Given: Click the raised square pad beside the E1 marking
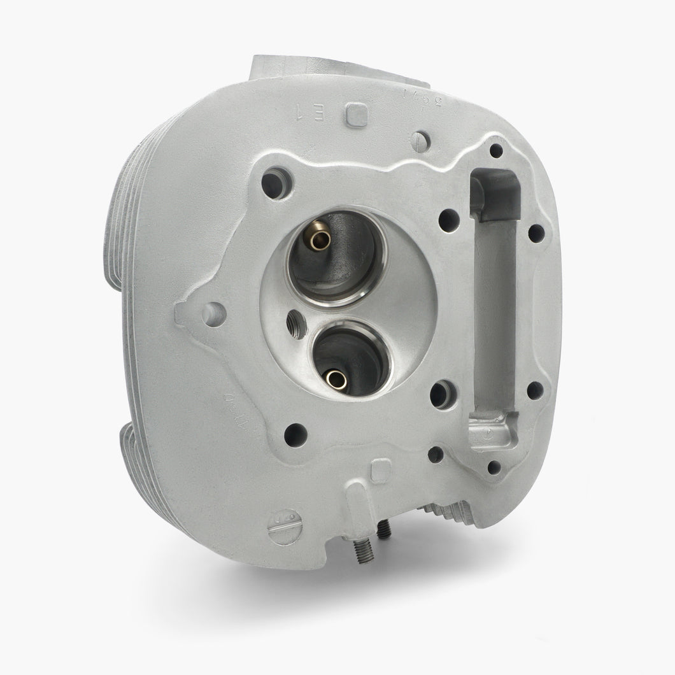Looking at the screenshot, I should pos(357,116).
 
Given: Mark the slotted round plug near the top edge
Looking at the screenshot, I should pos(420,141).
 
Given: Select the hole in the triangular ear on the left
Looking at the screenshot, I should pos(213,315).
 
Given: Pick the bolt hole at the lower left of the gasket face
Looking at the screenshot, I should pos(295,435).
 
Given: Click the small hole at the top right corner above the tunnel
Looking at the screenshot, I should pos(496,151).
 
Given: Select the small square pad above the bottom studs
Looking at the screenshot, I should pos(380,472).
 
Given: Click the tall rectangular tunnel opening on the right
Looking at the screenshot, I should pos(494,306).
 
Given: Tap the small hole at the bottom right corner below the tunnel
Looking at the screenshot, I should pos(494,467).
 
